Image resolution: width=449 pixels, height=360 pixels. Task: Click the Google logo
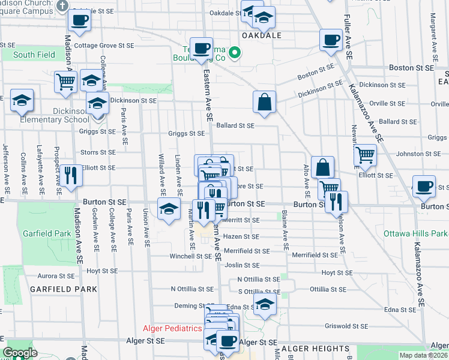click(x=20, y=353)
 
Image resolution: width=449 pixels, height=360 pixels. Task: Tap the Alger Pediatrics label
click(x=172, y=328)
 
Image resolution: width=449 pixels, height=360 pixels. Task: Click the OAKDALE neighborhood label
click(x=261, y=35)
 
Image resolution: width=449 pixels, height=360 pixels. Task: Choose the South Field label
click(x=34, y=55)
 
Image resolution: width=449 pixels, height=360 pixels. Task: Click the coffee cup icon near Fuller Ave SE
click(x=331, y=40)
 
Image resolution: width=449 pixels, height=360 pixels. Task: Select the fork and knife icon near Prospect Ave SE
click(x=71, y=175)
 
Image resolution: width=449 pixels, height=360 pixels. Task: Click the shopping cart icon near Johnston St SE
click(x=365, y=155)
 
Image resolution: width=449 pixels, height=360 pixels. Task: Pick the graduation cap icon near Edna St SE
click(x=264, y=304)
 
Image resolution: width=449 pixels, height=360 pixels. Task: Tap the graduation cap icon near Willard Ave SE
click(x=169, y=209)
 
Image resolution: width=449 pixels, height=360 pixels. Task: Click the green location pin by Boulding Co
click(x=235, y=52)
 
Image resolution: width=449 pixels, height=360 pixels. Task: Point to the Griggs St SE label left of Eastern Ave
click(x=187, y=134)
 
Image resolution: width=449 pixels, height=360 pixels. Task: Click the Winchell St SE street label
click(x=191, y=256)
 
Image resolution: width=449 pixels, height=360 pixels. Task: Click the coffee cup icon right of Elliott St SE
click(x=424, y=186)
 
